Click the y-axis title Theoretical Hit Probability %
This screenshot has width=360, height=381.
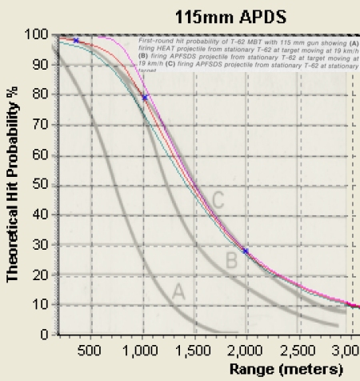click(13, 183)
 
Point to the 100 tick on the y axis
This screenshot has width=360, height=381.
click(37, 34)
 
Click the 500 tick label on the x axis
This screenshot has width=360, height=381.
click(90, 349)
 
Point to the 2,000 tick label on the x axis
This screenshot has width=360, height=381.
click(246, 349)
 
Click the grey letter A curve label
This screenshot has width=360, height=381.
click(178, 293)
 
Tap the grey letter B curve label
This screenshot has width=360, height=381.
click(230, 260)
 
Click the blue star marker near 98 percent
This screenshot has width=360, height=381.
click(76, 40)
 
